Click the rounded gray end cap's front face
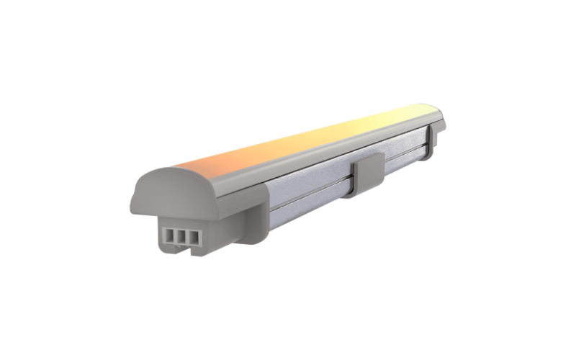pyautogui.click(x=162, y=191)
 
